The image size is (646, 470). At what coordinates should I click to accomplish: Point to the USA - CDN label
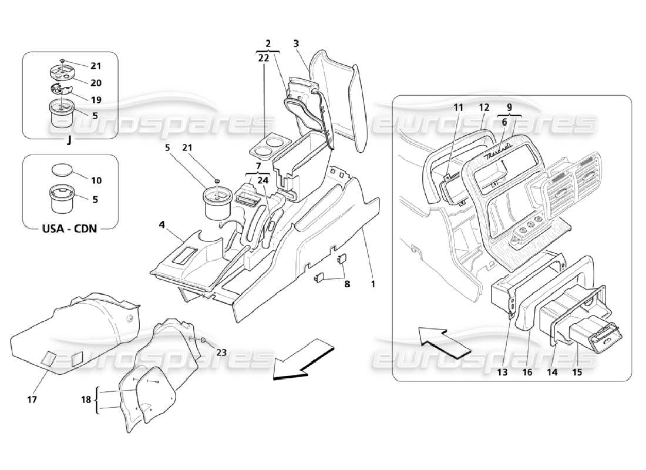(70, 228)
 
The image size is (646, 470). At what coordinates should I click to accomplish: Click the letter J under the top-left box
(69, 140)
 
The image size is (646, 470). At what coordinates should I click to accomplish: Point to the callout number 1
(372, 283)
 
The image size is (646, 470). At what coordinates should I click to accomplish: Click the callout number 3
(297, 43)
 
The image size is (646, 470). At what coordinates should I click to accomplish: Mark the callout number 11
(458, 108)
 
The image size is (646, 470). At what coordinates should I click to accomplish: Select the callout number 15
(578, 371)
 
